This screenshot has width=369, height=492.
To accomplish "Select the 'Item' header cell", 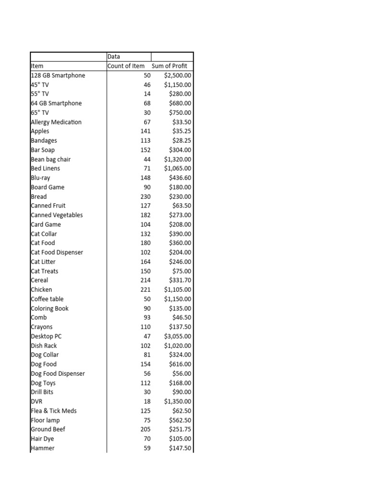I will click(x=37, y=66).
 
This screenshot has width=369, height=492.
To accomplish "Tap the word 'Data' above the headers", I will click(x=114, y=57).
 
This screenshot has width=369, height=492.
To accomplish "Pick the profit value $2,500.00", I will click(x=177, y=75).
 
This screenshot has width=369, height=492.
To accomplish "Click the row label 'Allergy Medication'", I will click(x=56, y=122).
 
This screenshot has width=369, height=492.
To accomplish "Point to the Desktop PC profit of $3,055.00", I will click(x=177, y=336).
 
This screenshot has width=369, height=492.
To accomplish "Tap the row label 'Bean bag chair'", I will click(x=50, y=159).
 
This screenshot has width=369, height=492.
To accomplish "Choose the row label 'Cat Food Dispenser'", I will click(x=57, y=252).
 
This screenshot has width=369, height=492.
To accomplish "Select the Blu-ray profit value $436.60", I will click(x=180, y=178).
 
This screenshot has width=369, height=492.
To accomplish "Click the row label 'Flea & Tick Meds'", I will click(x=54, y=411).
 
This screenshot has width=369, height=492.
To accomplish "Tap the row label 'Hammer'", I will click(x=43, y=448).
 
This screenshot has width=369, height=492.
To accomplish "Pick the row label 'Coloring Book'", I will click(x=49, y=308).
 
